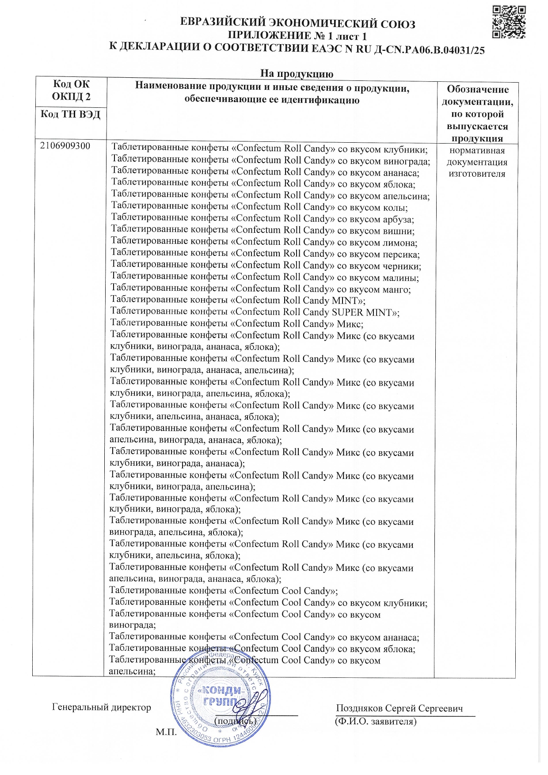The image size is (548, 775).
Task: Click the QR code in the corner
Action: pyautogui.click(x=509, y=22)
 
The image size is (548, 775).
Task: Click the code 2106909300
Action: pyautogui.click(x=65, y=146)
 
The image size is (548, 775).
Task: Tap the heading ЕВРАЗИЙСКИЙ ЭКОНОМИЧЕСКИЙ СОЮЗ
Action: pyautogui.click(x=297, y=23)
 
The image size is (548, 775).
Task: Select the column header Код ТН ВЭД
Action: pyautogui.click(x=71, y=114)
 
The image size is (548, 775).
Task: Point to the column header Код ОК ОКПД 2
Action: pyautogui.click(x=71, y=91)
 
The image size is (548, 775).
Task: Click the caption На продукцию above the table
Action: pyautogui.click(x=297, y=73)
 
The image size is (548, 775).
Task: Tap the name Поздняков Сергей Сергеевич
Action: pyautogui.click(x=399, y=708)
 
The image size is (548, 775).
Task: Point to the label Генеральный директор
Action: pyautogui.click(x=102, y=707)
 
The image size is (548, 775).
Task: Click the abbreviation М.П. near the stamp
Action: pyautogui.click(x=166, y=732)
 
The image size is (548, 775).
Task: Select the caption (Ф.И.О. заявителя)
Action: pyautogui.click(x=376, y=722)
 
